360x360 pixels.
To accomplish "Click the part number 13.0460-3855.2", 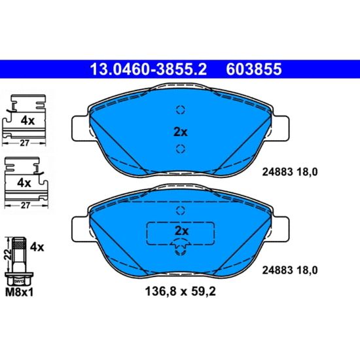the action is click(149, 69).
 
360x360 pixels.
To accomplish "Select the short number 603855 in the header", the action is click(254, 69).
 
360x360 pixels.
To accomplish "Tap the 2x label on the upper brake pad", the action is click(180, 132).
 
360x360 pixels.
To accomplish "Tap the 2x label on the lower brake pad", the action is click(181, 231).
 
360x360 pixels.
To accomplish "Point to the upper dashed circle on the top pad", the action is click(181, 110).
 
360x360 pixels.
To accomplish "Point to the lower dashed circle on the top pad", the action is click(181, 149).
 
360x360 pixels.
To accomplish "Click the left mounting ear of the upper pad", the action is click(81, 128).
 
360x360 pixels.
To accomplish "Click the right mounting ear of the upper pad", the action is click(281, 128).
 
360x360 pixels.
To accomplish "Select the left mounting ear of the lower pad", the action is click(81, 229).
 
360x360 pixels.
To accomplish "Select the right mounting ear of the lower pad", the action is click(281, 229).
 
